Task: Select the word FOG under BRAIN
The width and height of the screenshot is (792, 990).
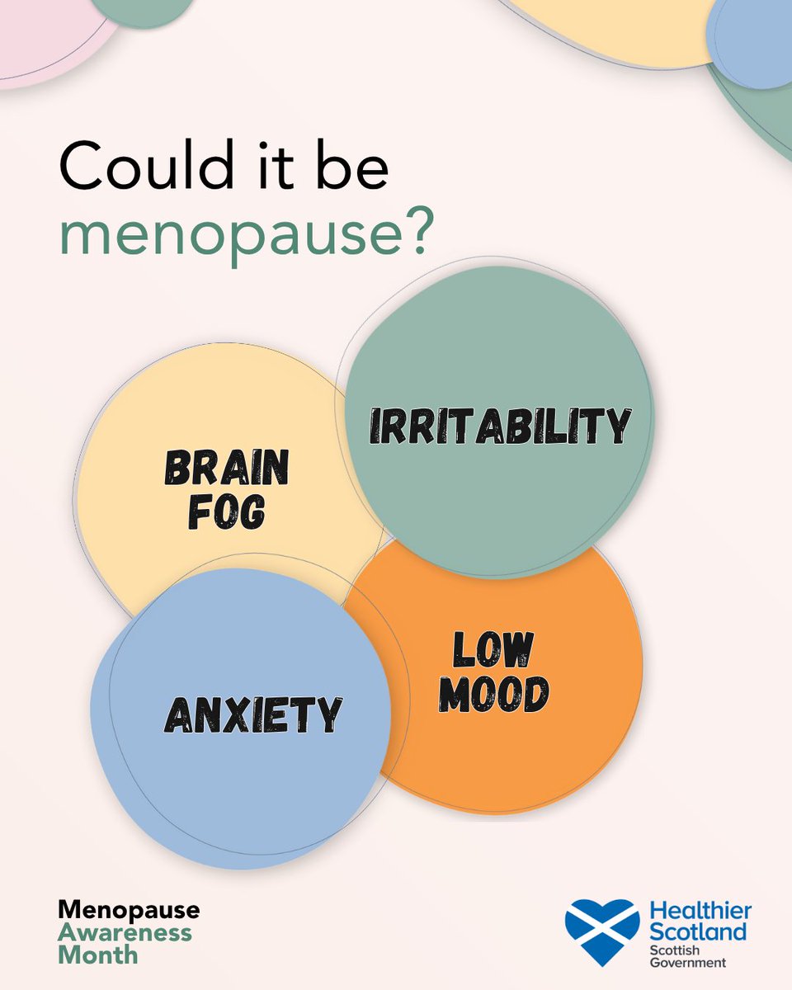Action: click(x=226, y=513)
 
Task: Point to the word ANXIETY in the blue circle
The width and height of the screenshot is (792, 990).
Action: click(x=252, y=714)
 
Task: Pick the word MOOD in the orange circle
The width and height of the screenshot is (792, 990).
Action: click(x=493, y=695)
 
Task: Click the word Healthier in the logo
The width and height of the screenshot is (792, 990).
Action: click(x=700, y=911)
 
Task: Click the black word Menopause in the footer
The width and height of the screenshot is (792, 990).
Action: click(x=129, y=911)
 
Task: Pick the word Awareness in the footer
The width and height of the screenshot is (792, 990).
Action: click(x=125, y=933)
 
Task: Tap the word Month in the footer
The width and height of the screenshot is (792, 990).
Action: click(x=98, y=955)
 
